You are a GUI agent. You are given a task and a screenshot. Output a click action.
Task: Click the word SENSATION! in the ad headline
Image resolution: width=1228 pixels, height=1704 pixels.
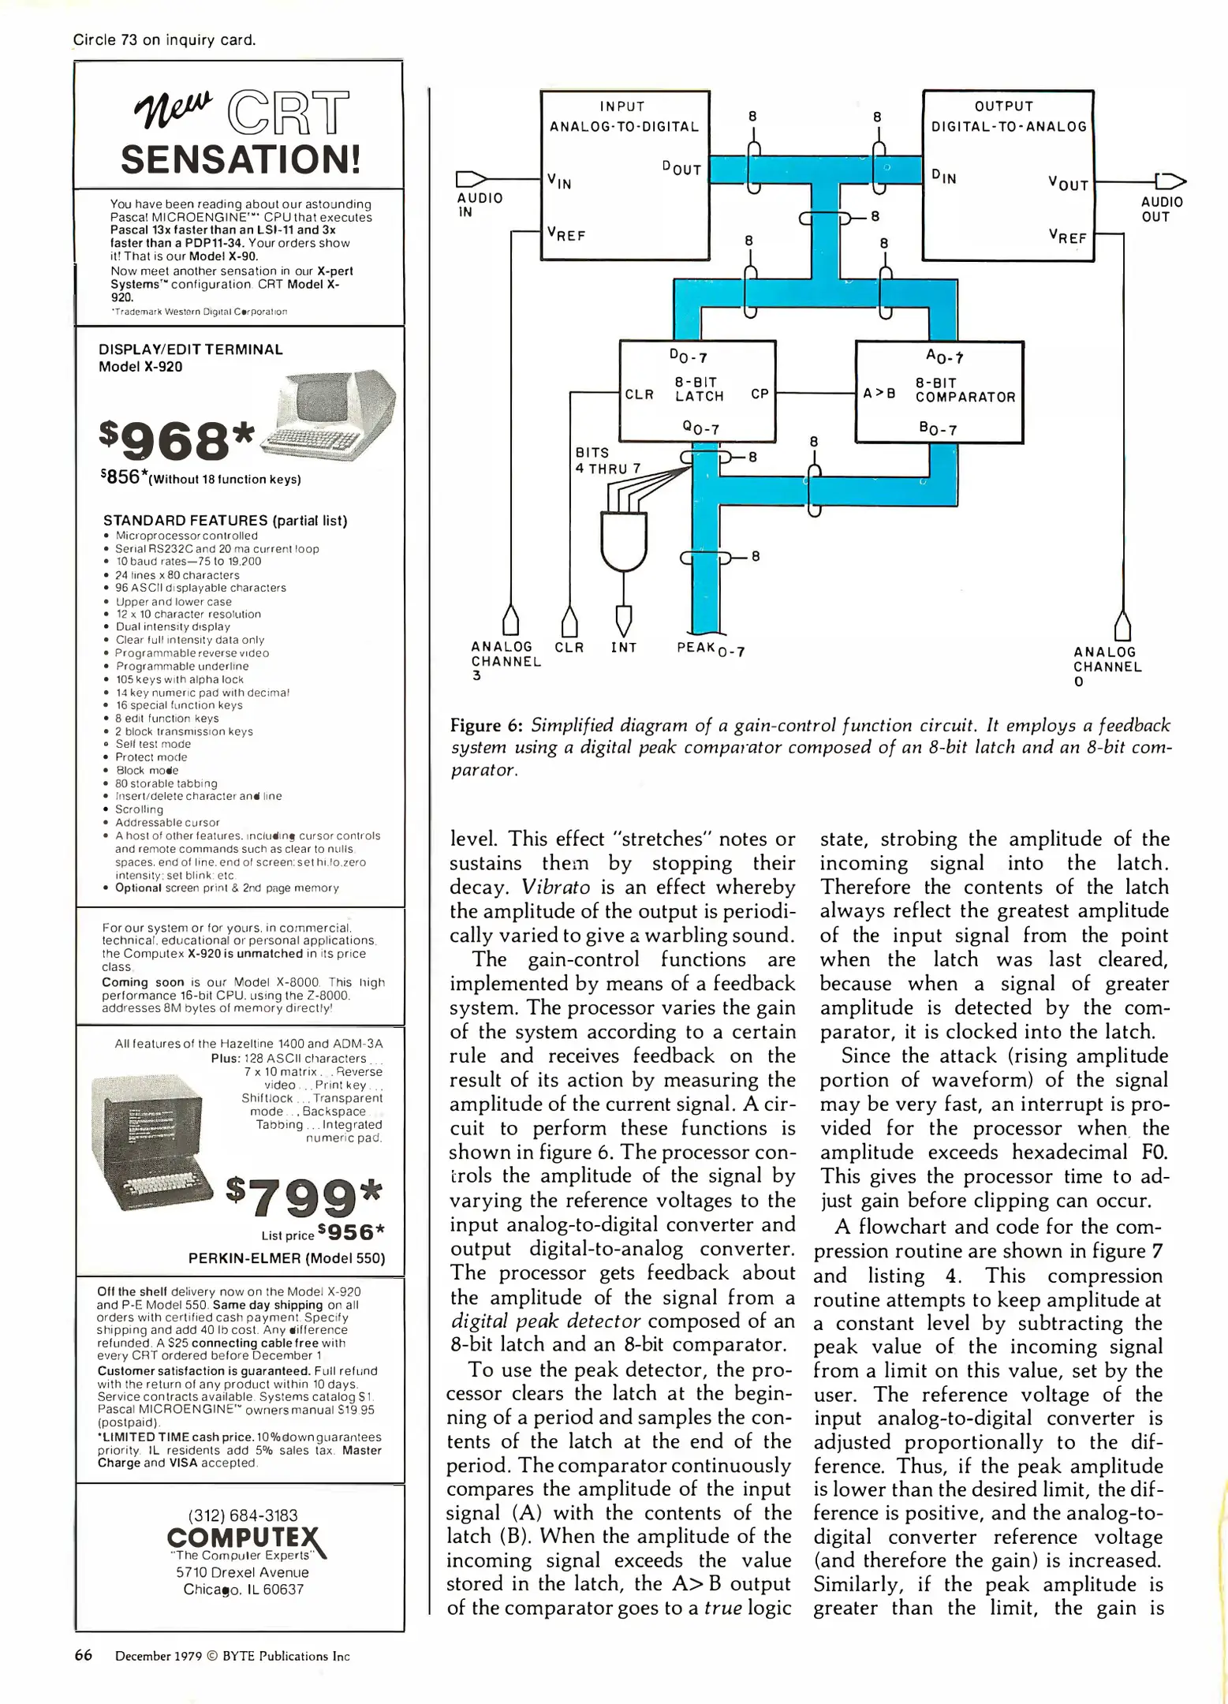pyautogui.click(x=240, y=159)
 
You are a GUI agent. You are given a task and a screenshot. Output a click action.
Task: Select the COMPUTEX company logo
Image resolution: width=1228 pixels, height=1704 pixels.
pyautogui.click(x=245, y=1538)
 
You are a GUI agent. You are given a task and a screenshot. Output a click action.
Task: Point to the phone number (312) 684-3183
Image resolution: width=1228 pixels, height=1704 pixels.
pyautogui.click(x=243, y=1515)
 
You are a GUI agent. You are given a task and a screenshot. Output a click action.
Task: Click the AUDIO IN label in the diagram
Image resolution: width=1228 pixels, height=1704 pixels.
pyautogui.click(x=480, y=204)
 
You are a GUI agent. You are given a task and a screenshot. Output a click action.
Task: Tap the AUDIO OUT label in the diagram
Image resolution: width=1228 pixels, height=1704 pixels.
pyautogui.click(x=1161, y=209)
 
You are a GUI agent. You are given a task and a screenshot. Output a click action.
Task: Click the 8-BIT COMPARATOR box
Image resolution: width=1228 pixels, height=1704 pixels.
pyautogui.click(x=939, y=391)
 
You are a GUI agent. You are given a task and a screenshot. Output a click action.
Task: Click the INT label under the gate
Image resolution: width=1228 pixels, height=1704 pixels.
pyautogui.click(x=623, y=648)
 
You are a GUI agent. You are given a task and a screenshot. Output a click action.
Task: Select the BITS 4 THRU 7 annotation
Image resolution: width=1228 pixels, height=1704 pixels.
pyautogui.click(x=607, y=460)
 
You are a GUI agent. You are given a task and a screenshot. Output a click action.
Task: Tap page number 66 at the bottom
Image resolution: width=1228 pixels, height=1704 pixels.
pyautogui.click(x=84, y=1655)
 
